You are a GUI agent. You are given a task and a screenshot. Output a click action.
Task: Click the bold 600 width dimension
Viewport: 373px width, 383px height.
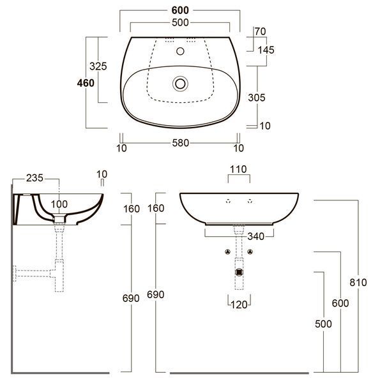[180, 10]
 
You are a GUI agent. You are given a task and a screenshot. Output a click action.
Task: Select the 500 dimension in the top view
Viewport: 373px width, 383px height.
[180, 22]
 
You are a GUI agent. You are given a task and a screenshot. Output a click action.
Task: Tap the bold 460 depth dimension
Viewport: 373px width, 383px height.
[86, 83]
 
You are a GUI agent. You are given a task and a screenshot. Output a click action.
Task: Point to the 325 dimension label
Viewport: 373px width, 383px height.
[98, 66]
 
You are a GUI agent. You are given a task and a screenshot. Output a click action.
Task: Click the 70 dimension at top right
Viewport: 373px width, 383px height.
[260, 31]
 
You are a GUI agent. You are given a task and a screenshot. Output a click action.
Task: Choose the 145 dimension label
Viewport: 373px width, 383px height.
[266, 50]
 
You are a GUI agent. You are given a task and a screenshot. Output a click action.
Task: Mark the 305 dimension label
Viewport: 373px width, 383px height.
[256, 98]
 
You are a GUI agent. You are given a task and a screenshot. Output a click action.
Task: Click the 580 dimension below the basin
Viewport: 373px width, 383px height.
[180, 143]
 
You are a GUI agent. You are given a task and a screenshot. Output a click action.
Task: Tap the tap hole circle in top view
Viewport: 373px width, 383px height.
[180, 51]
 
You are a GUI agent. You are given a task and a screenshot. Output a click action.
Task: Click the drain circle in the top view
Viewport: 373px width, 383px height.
[180, 84]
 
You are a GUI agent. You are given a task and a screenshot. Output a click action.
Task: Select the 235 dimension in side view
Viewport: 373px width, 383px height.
[34, 178]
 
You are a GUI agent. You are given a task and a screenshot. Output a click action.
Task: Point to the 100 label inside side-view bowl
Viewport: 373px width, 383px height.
[59, 204]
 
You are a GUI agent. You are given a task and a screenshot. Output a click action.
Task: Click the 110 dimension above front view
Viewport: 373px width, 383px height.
[238, 169]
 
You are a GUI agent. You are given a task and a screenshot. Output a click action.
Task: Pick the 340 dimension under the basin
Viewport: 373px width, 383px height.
[255, 236]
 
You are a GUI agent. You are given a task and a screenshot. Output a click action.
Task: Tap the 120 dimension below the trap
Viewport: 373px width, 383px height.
[239, 304]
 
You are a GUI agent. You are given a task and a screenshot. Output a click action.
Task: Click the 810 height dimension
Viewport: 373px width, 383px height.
[358, 282]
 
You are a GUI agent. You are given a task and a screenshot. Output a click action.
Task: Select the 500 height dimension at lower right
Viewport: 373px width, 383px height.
[323, 324]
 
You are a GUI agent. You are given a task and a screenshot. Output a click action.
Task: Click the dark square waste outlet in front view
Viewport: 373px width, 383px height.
[239, 272]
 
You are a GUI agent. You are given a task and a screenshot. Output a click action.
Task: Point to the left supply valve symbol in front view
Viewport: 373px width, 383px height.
[228, 252]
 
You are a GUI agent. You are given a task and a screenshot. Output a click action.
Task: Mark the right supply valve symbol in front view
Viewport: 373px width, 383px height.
[250, 252]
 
